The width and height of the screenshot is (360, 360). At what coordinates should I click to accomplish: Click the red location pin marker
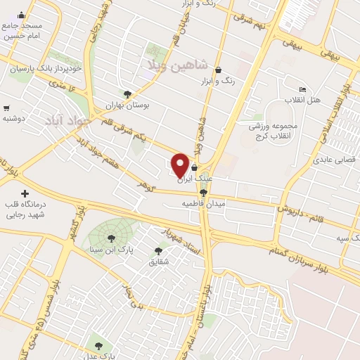tap(180, 165)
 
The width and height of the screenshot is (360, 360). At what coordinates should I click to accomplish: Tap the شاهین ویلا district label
tap(178, 65)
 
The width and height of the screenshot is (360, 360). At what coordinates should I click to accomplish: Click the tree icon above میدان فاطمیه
tap(203, 193)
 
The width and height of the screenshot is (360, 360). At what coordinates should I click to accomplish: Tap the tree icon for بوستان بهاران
tap(127, 94)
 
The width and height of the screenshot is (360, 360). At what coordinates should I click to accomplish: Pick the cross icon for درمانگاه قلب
tap(25, 193)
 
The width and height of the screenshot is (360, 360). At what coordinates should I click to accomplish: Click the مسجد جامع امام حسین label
tap(22, 30)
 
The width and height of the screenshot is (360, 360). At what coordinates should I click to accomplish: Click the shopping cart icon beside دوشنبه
tap(6, 108)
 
